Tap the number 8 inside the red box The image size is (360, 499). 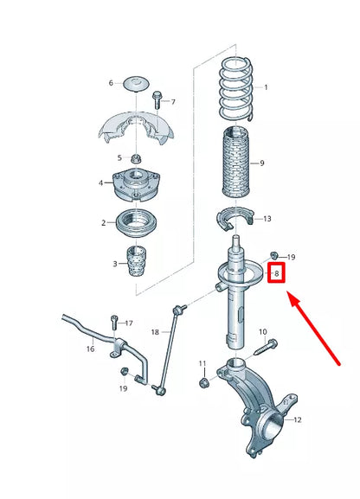click(276, 274)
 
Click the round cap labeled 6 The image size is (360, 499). click(136, 82)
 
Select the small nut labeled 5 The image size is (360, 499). click(136, 157)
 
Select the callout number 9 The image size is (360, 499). click(263, 163)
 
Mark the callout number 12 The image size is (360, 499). click(298, 421)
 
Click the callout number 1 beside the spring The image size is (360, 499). click(266, 87)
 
